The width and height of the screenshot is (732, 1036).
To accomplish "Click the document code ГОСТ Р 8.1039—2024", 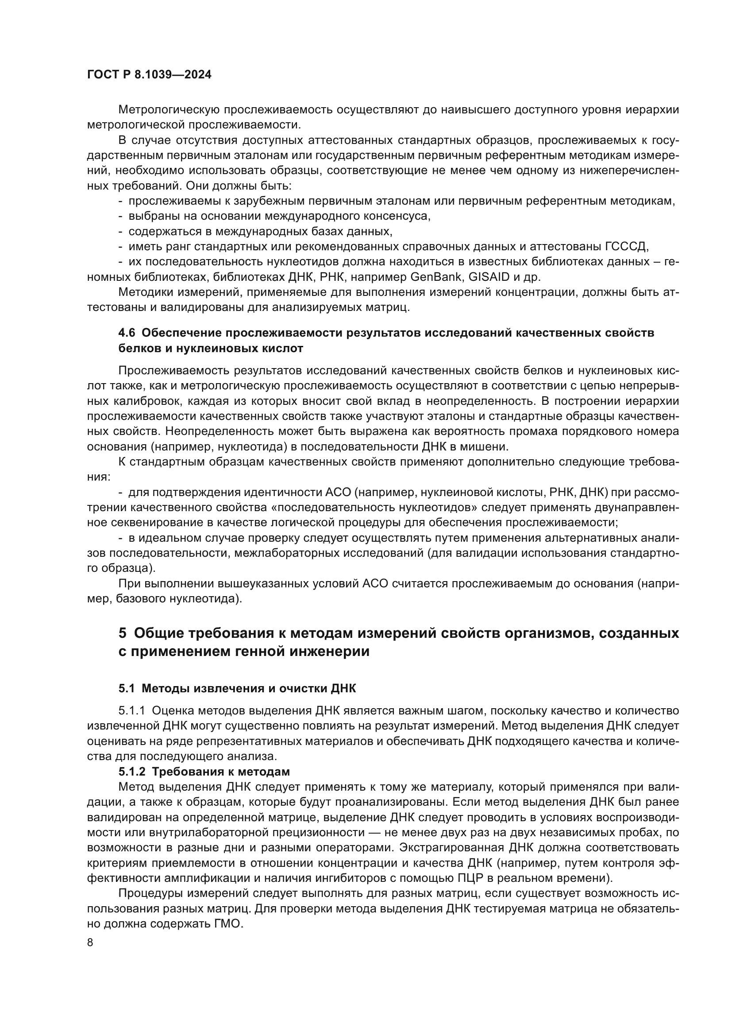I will tap(149, 75).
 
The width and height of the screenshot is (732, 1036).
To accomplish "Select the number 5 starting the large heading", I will tap(123, 633).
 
